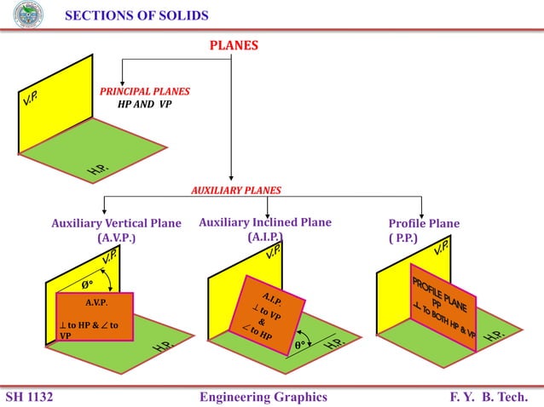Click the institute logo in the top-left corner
(x=28, y=14)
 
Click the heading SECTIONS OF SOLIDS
(x=136, y=15)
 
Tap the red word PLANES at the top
(x=234, y=45)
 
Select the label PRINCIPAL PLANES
(x=145, y=91)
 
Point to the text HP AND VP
(x=145, y=105)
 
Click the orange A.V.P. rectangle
(x=95, y=316)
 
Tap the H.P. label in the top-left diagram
(x=96, y=171)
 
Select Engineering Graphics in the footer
(x=263, y=397)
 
